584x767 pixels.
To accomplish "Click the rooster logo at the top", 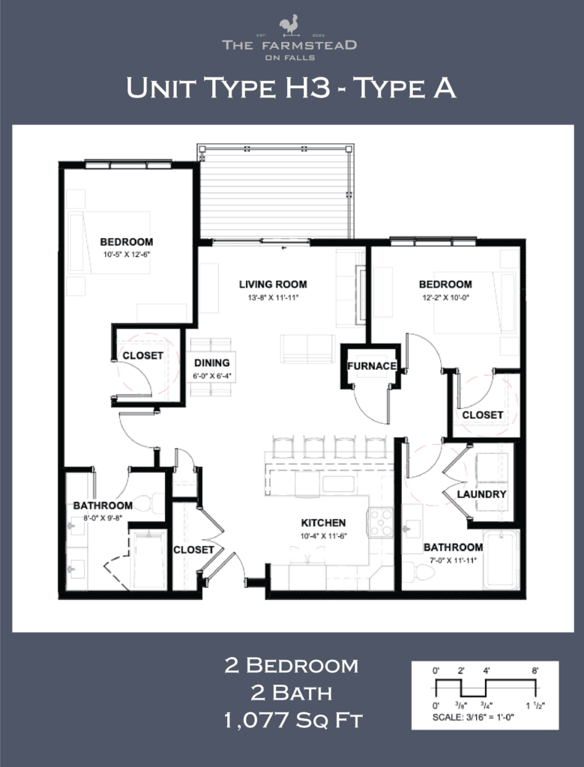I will [289, 25].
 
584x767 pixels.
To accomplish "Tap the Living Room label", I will [273, 285].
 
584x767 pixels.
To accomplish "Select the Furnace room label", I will [371, 366].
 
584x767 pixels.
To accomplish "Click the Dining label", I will [211, 363].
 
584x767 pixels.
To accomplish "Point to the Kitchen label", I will [323, 523].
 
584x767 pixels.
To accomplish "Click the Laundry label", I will [482, 495].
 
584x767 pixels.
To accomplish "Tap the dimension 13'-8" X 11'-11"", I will [273, 298].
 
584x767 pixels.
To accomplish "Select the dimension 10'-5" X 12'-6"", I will [126, 255].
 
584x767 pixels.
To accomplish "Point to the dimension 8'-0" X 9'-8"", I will [97, 518].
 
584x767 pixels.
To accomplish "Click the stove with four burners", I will [379, 522].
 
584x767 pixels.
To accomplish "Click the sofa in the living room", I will [307, 348].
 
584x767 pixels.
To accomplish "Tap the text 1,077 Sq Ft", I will [292, 721].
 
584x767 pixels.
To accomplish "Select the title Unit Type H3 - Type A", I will [291, 88].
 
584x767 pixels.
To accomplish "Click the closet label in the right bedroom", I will [482, 414].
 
